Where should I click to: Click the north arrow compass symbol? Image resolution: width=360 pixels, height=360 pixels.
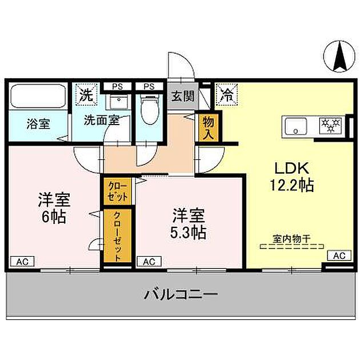[338, 57]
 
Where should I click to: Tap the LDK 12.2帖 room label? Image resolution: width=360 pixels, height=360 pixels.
[293, 177]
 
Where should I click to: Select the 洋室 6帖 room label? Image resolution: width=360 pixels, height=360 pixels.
[54, 208]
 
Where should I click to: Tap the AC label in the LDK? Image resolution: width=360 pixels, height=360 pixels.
[338, 255]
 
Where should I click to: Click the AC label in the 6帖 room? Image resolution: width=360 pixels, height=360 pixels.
[23, 261]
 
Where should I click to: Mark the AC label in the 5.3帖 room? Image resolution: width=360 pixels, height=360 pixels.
[148, 261]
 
